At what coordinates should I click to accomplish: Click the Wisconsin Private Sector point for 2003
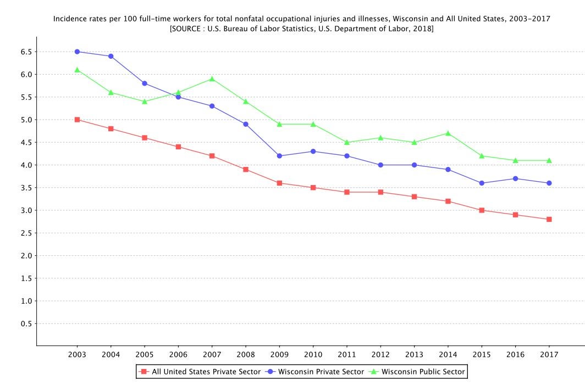click(x=77, y=52)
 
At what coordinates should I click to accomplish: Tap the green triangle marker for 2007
click(x=212, y=79)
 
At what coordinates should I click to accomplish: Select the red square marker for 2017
click(x=549, y=219)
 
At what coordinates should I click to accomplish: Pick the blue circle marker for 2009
click(x=279, y=156)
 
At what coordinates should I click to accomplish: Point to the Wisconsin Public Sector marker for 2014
click(x=448, y=133)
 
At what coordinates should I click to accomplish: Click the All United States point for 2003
click(x=77, y=119)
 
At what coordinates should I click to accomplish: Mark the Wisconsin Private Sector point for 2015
click(x=482, y=183)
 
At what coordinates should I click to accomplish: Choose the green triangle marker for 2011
click(x=347, y=142)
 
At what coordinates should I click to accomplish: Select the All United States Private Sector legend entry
click(x=206, y=372)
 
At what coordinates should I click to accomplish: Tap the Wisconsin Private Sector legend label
click(x=321, y=372)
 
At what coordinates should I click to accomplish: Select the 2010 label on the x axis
click(x=313, y=354)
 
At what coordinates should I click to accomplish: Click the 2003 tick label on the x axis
click(x=77, y=354)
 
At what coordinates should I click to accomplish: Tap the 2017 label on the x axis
click(x=549, y=354)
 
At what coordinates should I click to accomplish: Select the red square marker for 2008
click(x=246, y=169)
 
